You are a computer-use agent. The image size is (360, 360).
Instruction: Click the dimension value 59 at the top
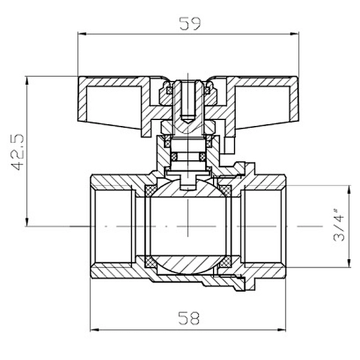pos(190,23)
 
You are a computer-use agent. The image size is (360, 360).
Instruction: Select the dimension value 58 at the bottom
pos(189,318)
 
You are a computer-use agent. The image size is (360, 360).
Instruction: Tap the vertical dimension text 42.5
pos(17,152)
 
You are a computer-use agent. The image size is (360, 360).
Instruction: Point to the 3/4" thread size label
pos(339,225)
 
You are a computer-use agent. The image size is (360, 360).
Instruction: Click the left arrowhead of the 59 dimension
pos(82,34)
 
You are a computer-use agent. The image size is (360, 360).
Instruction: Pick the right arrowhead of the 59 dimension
pos(295,34)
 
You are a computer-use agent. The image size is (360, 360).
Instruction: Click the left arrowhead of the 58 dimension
pos(95,330)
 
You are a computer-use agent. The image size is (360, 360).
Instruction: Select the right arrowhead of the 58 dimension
pos(281,330)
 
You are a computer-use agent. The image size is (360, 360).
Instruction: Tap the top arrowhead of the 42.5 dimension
pos(27,81)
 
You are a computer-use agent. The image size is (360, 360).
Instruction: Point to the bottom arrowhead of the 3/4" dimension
pos(349,263)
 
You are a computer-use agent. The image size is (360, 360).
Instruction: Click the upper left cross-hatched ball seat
pos(151,191)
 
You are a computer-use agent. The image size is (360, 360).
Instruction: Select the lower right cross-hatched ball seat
pos(226,262)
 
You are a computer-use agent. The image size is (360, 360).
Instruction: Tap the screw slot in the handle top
pos(188,100)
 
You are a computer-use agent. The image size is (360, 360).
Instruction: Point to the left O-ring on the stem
pos(174,157)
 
